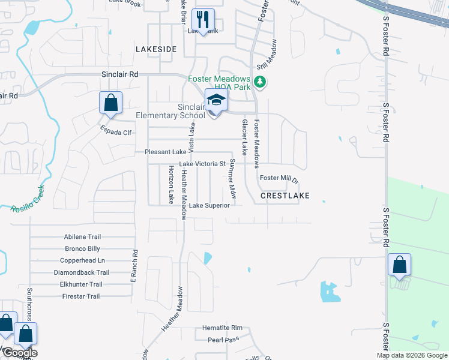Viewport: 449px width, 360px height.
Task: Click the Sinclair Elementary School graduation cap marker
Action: click(216, 101)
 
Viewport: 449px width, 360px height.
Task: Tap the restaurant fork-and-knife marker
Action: click(202, 20)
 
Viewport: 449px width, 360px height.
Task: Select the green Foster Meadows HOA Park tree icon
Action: click(259, 82)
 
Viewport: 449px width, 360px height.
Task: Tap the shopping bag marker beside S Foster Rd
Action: click(399, 265)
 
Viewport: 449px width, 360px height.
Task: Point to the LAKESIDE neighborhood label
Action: click(156, 49)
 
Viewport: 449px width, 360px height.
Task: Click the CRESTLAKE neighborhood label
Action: click(285, 196)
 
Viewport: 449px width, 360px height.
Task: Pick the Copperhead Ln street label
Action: click(82, 260)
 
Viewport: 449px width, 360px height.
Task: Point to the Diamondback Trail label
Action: click(81, 272)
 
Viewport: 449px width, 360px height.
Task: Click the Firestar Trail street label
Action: click(81, 296)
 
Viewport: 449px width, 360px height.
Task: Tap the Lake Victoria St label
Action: click(202, 164)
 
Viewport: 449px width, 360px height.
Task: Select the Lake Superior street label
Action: click(209, 205)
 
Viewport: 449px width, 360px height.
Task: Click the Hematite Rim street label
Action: click(221, 328)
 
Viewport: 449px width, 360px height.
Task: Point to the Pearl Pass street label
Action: click(223, 340)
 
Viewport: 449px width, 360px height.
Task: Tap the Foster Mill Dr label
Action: click(279, 179)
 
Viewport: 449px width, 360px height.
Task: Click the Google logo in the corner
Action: click(19, 353)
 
